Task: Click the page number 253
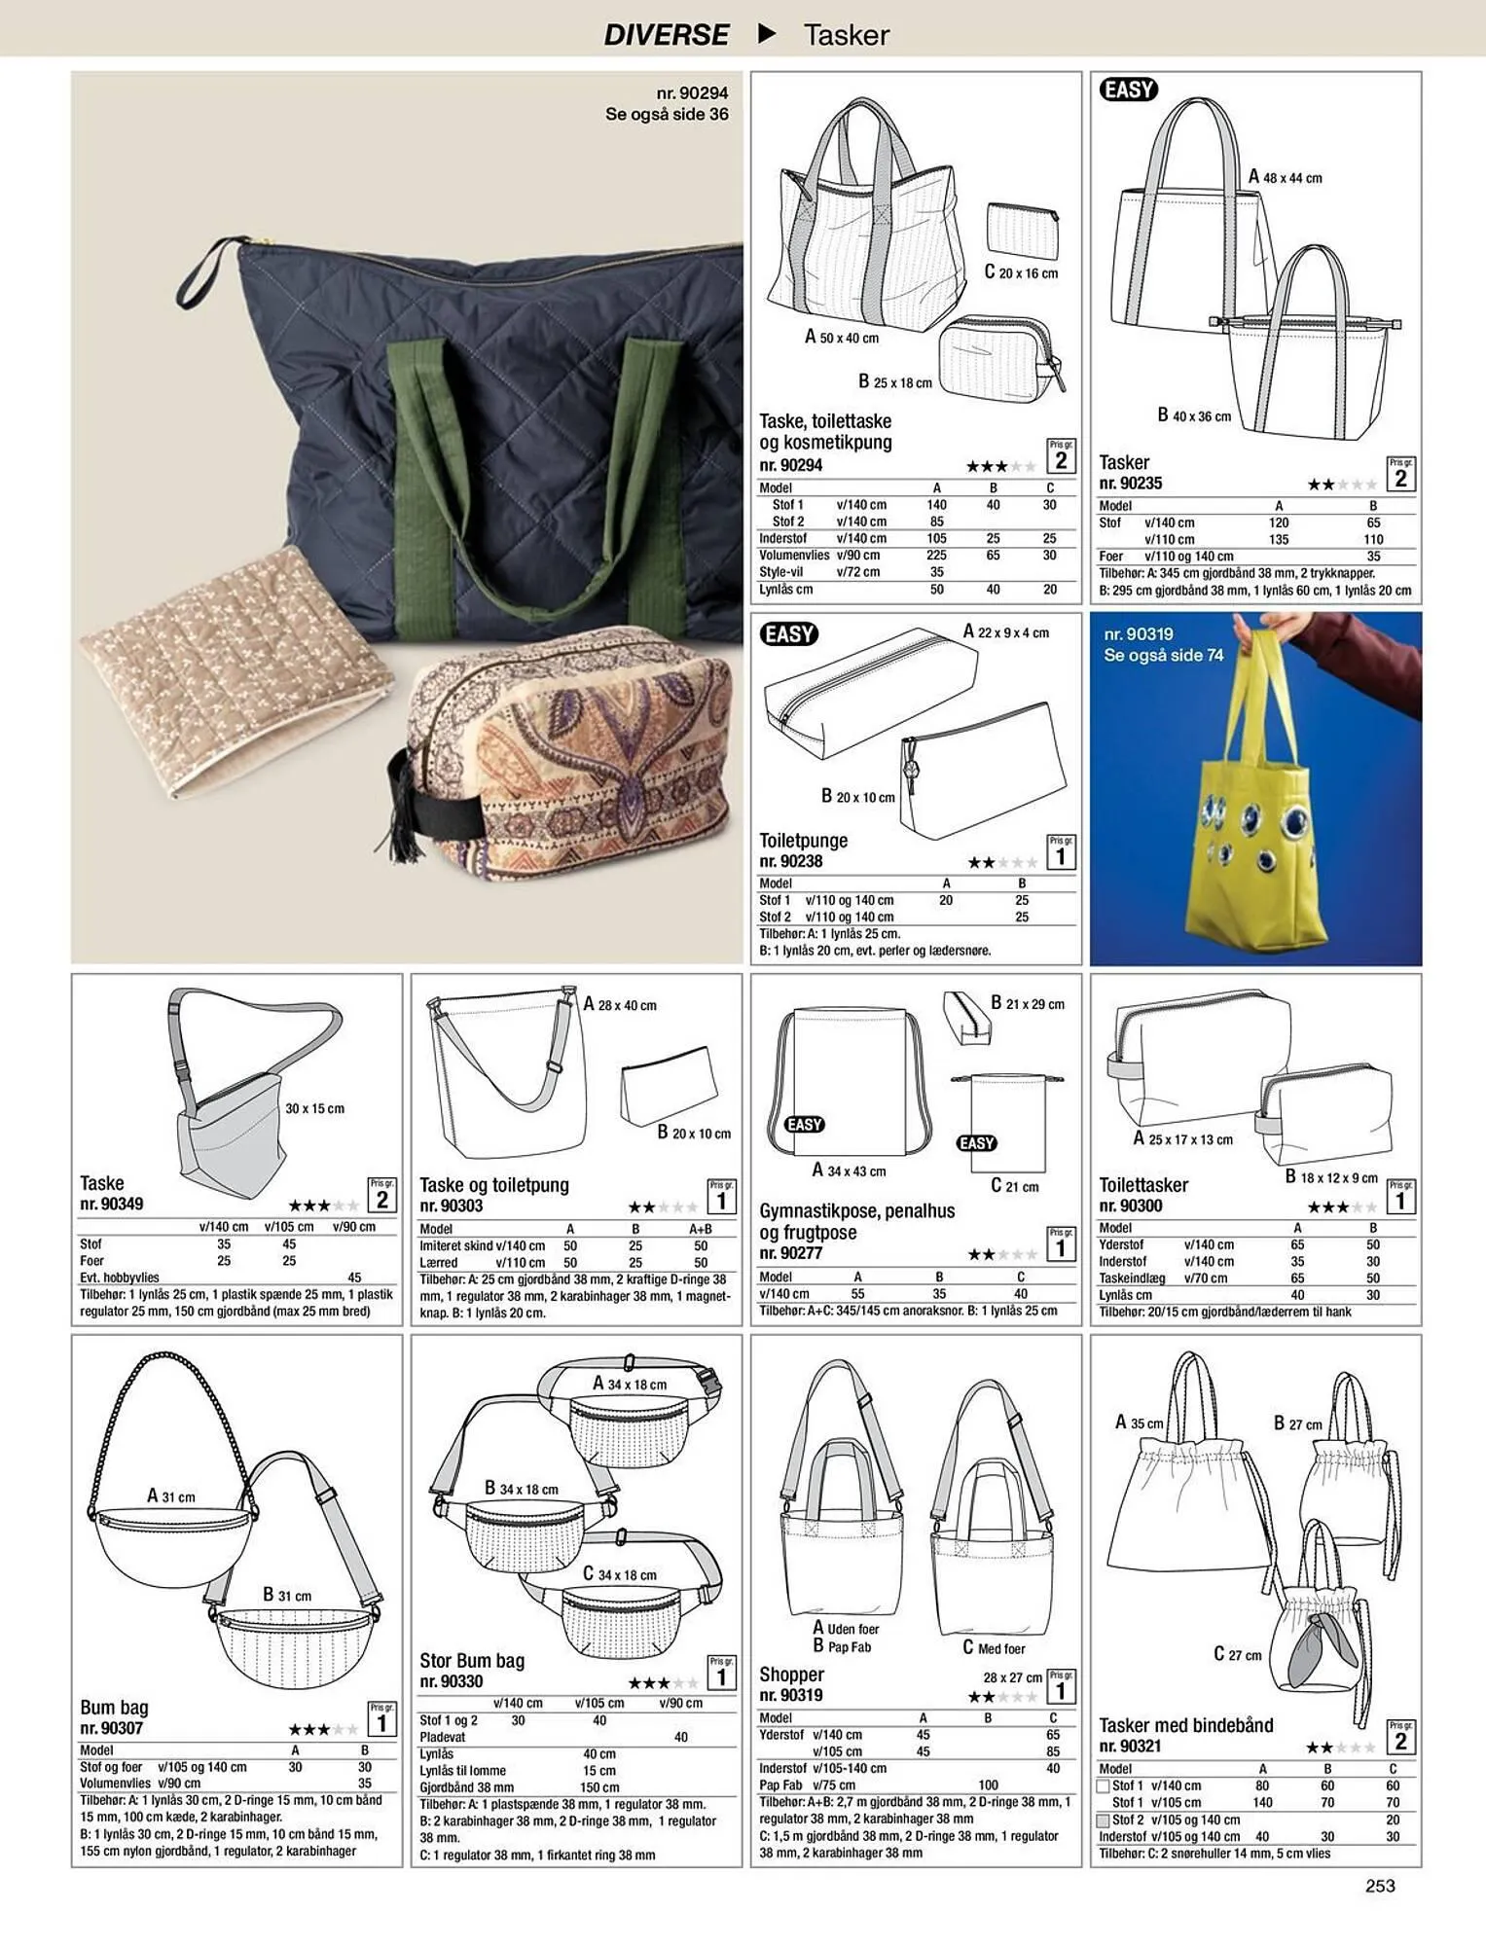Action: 1380,1886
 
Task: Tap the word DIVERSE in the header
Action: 666,35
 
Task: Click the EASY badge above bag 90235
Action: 1128,90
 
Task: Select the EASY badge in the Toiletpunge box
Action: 788,634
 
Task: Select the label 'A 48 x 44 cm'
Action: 1286,177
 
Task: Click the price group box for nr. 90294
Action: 1061,456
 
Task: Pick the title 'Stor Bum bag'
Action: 472,1661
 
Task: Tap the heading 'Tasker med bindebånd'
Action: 1186,1725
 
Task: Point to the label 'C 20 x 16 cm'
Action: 1021,272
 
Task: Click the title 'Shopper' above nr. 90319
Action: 791,1675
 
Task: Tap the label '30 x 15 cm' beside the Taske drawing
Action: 314,1108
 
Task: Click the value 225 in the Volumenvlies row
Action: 936,555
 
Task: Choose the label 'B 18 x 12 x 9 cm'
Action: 1331,1177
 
